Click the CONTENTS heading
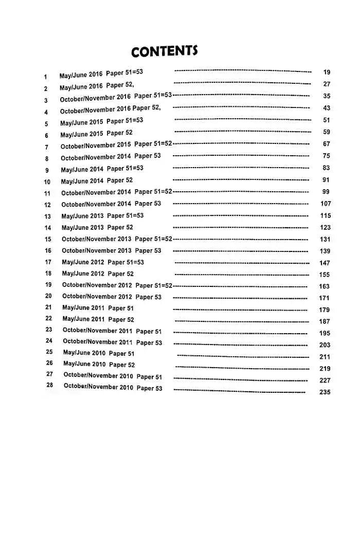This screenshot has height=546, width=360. [164, 51]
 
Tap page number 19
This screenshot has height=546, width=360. [327, 72]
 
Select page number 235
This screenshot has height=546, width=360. [325, 392]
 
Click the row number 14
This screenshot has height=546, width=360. [48, 228]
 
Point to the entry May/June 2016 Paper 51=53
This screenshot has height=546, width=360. [101, 74]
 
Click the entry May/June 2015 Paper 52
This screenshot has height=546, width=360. [97, 134]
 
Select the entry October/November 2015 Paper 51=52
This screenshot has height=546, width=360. [116, 145]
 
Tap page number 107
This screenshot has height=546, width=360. [326, 204]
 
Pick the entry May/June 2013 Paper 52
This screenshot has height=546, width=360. [97, 227]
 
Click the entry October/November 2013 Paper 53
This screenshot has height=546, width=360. [112, 251]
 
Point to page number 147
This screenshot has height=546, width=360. [325, 263]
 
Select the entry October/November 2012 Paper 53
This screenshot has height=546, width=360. [112, 297]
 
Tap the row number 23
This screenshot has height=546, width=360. [49, 330]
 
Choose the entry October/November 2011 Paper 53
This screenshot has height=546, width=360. [112, 342]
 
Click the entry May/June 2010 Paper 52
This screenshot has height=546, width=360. [99, 364]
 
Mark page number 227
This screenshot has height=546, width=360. [325, 380]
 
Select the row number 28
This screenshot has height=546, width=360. [50, 385]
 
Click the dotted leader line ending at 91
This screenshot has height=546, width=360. [241, 180]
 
